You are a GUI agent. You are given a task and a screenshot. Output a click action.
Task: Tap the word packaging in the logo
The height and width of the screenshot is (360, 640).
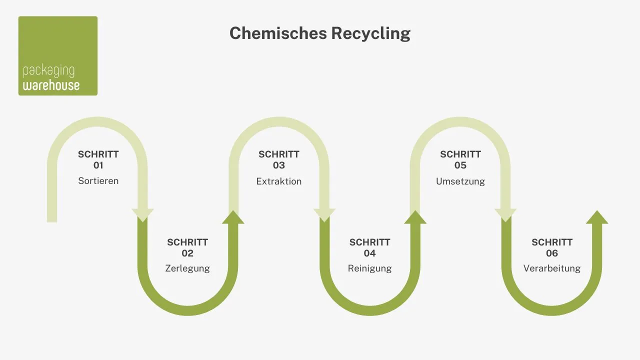coord(48,70)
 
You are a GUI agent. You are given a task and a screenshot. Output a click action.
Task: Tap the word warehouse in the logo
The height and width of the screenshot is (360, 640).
coord(51,85)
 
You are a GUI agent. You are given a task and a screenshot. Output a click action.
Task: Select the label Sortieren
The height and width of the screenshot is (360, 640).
coord(98,181)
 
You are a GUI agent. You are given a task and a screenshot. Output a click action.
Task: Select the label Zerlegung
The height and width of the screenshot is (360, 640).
coord(187,268)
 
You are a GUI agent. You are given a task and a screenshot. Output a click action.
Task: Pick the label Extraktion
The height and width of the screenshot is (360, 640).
coord(279,181)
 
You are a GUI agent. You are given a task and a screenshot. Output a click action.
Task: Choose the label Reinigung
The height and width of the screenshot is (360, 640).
coord(369,268)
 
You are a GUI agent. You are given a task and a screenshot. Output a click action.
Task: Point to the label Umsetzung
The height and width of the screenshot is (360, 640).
coord(460,181)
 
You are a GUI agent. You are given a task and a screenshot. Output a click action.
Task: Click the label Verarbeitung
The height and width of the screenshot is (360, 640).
coord(552,268)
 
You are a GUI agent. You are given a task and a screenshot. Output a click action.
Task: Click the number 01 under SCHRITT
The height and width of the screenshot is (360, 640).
coord(98,165)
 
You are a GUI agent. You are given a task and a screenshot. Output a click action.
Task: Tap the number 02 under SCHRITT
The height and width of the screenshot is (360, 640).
coord(187,253)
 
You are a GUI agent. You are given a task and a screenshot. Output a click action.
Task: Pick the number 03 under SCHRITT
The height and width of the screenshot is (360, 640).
coord(279,165)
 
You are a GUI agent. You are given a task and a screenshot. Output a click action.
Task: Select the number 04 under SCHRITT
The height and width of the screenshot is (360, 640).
coord(369,253)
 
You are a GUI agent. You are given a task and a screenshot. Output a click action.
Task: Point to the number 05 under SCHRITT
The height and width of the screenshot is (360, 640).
coord(460,165)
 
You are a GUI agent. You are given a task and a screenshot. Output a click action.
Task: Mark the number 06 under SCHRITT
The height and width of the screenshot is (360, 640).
coord(552,253)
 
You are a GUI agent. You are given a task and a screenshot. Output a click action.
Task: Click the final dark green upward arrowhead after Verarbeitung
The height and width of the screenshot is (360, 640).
coord(596,217)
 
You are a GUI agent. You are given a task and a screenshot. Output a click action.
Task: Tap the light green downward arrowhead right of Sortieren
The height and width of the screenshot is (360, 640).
coord(142,214)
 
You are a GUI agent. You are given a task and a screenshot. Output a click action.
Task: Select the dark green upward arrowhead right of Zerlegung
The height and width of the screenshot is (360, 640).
coord(233,217)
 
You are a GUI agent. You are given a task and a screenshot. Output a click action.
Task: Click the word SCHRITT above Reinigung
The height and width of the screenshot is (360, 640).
coord(369,242)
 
